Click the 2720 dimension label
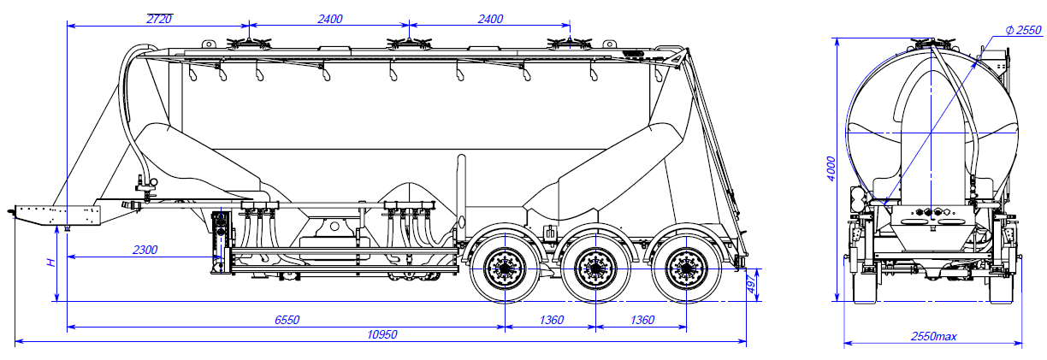pos(159,18)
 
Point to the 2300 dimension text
pos(145,250)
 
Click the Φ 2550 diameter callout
pos(1023,31)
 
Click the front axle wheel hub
pos(504,269)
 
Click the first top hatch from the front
pos(249,43)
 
